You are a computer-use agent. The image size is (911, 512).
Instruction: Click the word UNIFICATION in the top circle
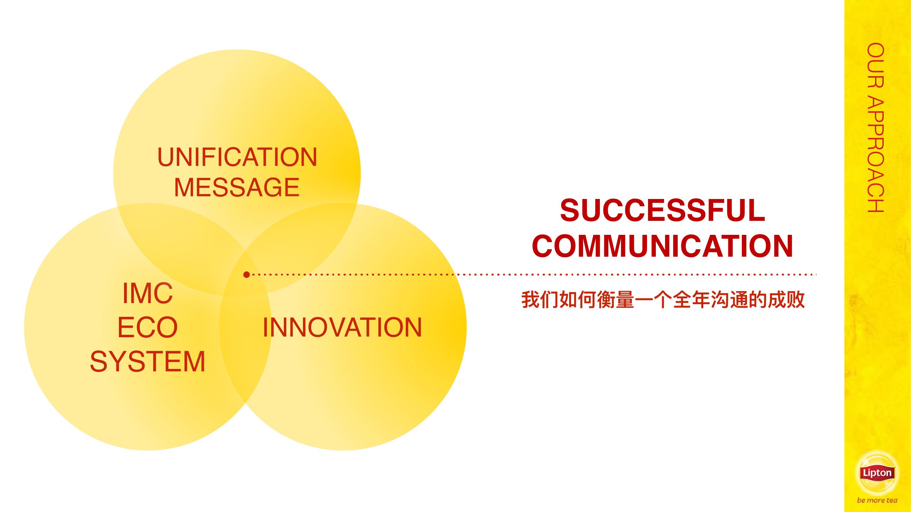coord(237,157)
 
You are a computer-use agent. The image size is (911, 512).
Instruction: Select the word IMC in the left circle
coord(148,293)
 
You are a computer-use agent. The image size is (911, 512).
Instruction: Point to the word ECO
coord(148,327)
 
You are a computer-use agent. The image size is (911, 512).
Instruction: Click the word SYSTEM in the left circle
coord(148,361)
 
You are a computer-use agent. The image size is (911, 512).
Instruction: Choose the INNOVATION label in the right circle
coord(342,327)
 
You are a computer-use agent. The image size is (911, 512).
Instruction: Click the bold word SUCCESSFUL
coord(662,210)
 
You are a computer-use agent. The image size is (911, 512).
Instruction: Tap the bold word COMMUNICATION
coord(662,246)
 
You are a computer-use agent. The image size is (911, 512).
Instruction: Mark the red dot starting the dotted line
coord(247,274)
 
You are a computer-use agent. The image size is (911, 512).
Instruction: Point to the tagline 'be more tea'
coord(877,500)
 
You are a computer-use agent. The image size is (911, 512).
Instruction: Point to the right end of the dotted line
coord(816,274)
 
